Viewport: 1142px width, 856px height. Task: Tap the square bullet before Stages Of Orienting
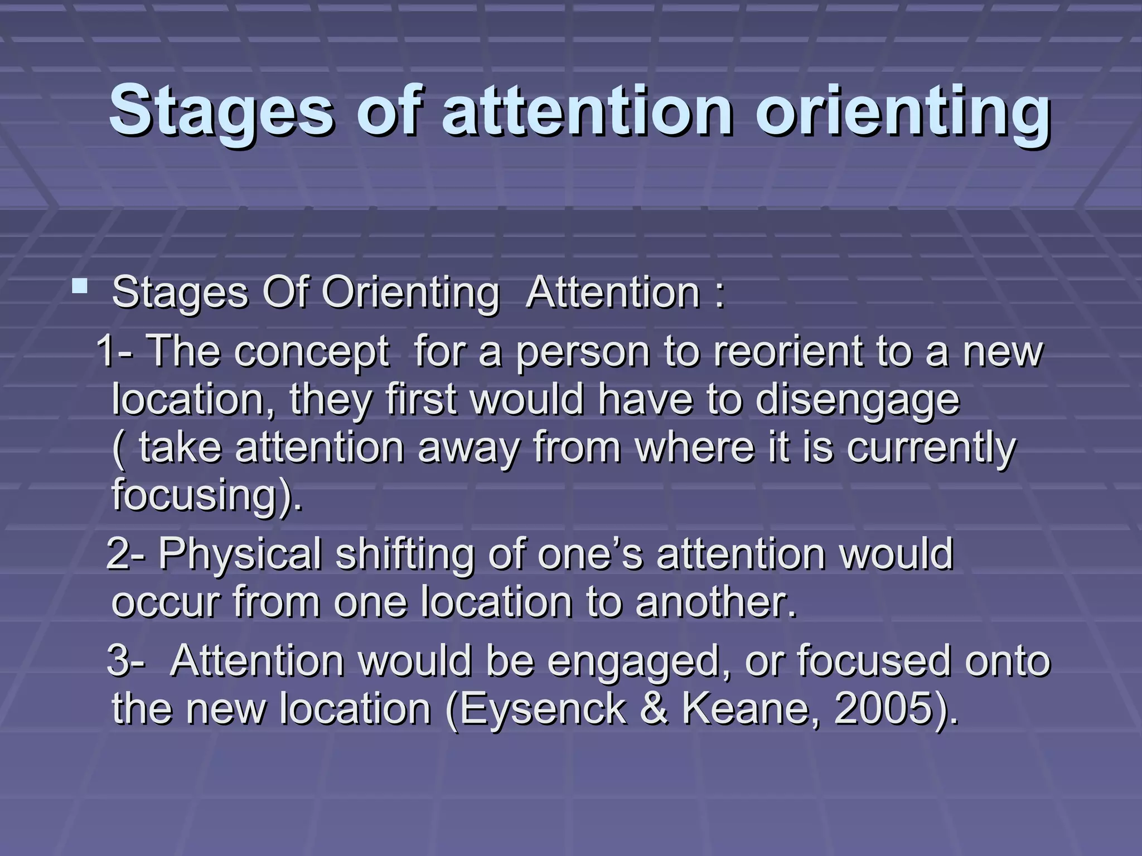[x=80, y=288]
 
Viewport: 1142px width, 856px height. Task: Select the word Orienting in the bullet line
[x=410, y=293]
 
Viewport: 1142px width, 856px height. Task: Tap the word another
[x=716, y=602]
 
